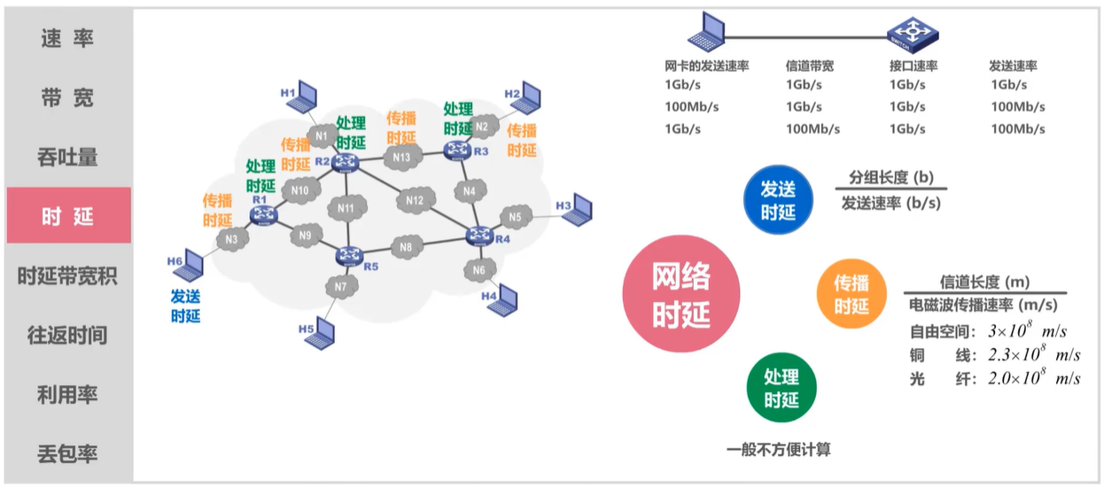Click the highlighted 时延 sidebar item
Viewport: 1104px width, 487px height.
coord(67,216)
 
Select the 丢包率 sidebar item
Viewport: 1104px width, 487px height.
coord(67,454)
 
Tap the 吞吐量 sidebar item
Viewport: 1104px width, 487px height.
coord(67,157)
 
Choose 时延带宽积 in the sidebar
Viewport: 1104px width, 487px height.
coord(67,276)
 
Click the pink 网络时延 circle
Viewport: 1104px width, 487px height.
coord(681,296)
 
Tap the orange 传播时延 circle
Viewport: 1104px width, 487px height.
coord(851,295)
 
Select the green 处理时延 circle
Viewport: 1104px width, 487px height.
coord(781,389)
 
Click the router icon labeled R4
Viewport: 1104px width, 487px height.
coord(479,236)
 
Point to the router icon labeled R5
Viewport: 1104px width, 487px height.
coord(349,255)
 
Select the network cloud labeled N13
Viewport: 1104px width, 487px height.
coord(400,157)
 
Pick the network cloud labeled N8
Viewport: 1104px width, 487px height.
coord(406,248)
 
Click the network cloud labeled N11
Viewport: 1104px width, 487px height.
coord(346,209)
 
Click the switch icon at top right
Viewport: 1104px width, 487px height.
coord(912,35)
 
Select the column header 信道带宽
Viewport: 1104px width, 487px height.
coord(809,66)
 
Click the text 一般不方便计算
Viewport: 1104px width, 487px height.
coord(779,450)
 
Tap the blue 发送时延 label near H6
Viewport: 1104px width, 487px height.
coord(186,306)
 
